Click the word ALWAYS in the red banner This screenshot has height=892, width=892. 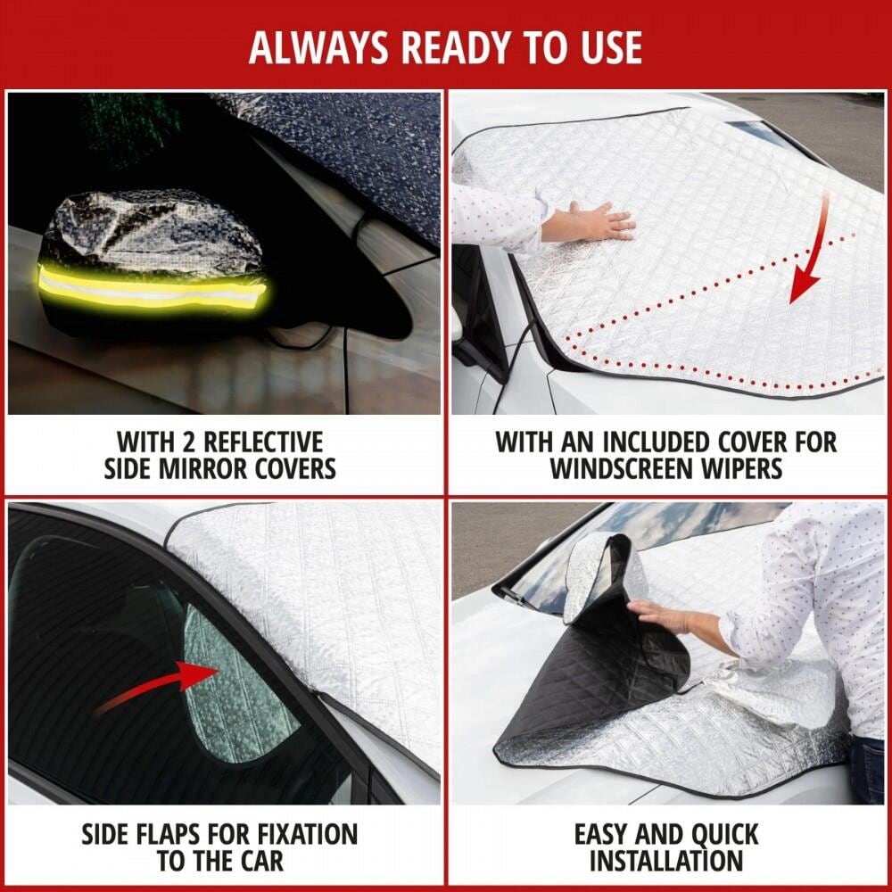coord(319,47)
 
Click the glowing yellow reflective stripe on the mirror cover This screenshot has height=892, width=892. coord(152,288)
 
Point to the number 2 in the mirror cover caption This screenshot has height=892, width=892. coord(189,442)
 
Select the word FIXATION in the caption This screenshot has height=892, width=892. coord(307,834)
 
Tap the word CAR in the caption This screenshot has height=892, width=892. coord(260,862)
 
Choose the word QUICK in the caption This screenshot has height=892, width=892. coord(724,835)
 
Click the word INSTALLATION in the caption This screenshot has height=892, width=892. coord(666,862)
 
